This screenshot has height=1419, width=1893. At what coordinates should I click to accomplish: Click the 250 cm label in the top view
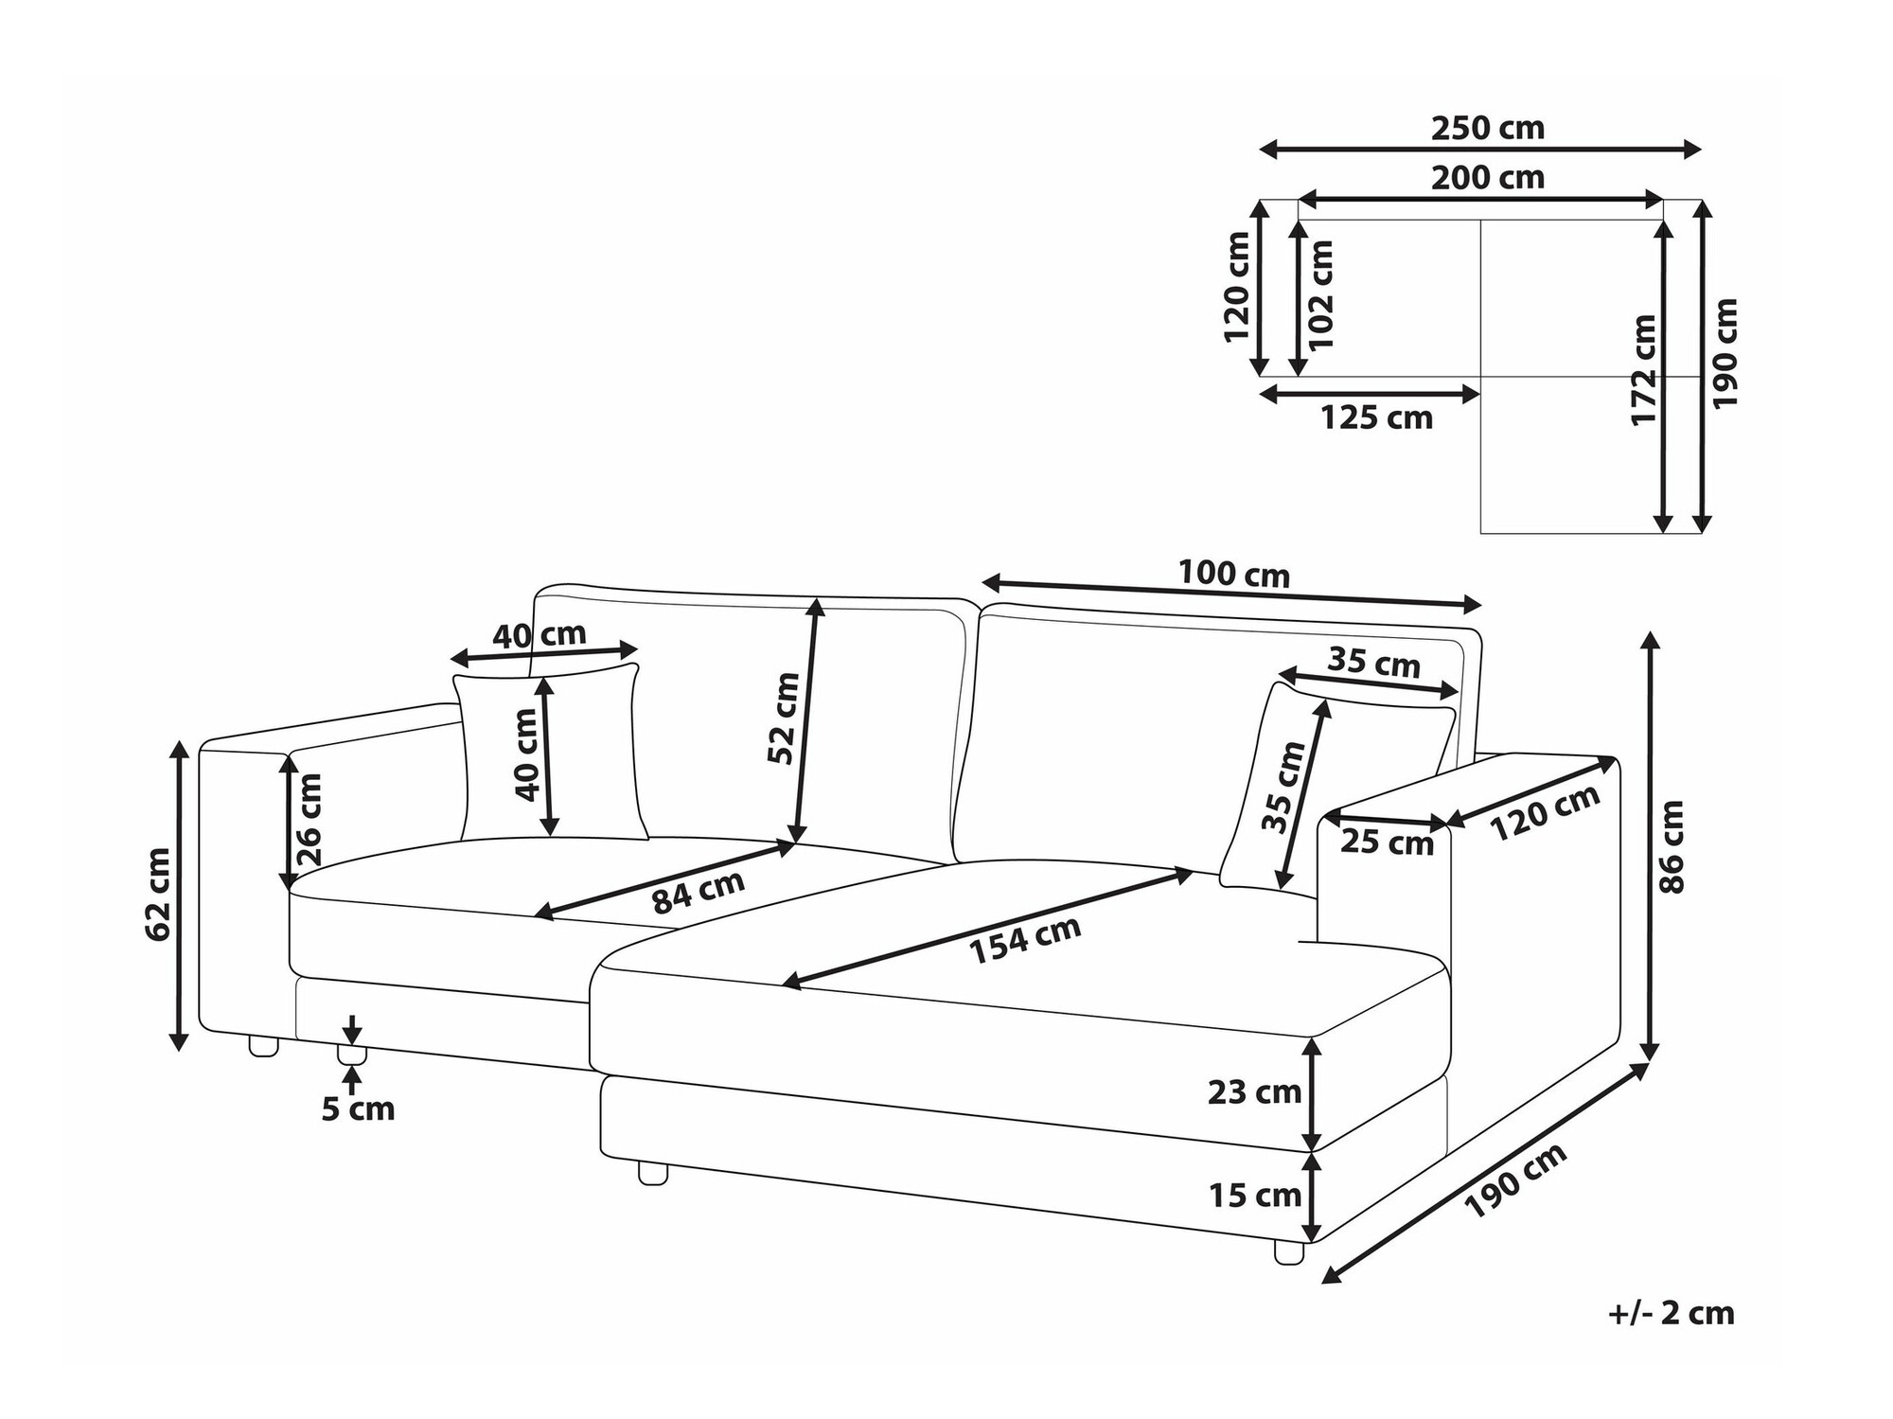pos(1487,128)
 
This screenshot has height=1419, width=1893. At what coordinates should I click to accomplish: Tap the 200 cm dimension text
pos(1487,178)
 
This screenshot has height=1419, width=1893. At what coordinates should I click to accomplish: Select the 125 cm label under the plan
pos(1376,417)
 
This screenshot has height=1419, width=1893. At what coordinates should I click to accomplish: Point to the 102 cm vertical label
pos(1321,294)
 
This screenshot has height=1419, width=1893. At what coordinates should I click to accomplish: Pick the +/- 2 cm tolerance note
pos(1671,1313)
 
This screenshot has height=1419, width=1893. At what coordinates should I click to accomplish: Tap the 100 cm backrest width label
pos(1233,574)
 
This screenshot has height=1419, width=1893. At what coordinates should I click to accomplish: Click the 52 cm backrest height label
pos(784,718)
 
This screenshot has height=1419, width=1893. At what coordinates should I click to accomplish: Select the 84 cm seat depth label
pos(699,892)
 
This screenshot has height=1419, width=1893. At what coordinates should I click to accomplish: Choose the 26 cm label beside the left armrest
pos(310,820)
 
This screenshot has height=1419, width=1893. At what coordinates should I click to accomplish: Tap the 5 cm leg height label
pos(358,1109)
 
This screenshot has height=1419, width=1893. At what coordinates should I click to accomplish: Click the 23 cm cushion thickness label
pos(1254,1092)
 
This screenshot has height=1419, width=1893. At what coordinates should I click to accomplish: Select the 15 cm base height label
pos(1254,1196)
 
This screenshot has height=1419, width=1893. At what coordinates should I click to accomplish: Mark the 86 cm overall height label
pos(1672,847)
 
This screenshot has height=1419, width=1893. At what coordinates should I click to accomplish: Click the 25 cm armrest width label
pos(1387,843)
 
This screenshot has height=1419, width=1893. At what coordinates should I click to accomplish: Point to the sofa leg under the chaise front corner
pos(1288,1251)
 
